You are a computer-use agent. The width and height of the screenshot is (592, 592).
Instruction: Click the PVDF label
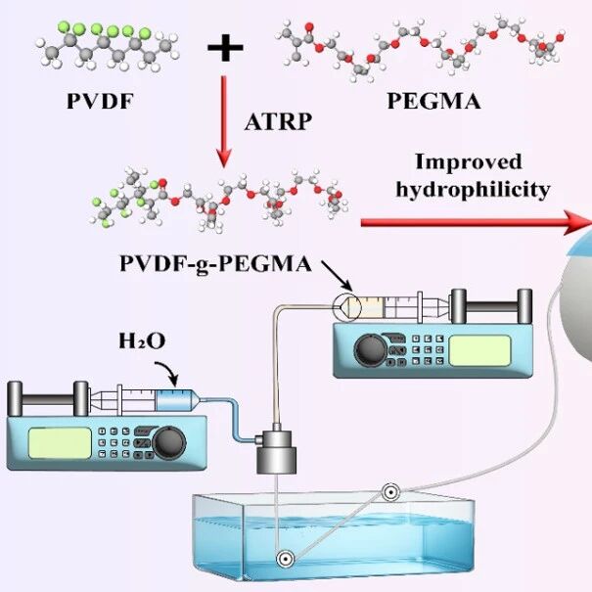tap(100, 101)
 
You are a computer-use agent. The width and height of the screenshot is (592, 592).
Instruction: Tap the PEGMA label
tap(433, 101)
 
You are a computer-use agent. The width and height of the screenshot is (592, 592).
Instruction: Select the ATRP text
tap(278, 122)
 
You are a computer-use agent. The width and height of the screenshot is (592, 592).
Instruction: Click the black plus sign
tap(225, 47)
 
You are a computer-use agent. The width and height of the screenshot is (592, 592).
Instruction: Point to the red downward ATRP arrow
tap(224, 121)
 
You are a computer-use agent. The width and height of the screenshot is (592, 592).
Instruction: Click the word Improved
tap(469, 161)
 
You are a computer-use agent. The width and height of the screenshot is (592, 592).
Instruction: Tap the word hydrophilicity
tap(473, 190)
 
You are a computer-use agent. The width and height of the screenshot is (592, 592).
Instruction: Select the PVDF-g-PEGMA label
tap(215, 264)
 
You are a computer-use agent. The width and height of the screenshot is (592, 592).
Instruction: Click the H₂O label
tap(142, 341)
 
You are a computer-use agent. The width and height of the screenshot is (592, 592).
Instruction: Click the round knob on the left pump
tap(168, 443)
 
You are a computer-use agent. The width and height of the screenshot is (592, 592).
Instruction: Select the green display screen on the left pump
tap(60, 443)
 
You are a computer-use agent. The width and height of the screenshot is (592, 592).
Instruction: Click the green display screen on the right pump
tap(479, 350)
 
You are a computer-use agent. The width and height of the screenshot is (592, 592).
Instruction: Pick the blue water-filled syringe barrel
tap(173, 401)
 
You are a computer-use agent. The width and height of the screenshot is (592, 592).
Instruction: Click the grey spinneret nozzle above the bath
tap(277, 450)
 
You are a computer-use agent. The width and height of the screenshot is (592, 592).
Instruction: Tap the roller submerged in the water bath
tap(285, 559)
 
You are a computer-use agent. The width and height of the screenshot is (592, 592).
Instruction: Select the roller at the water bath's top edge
tap(390, 492)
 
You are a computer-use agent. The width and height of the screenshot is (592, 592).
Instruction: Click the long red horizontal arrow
tap(477, 223)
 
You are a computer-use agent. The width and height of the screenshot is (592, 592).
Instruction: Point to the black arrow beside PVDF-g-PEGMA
tap(338, 276)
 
